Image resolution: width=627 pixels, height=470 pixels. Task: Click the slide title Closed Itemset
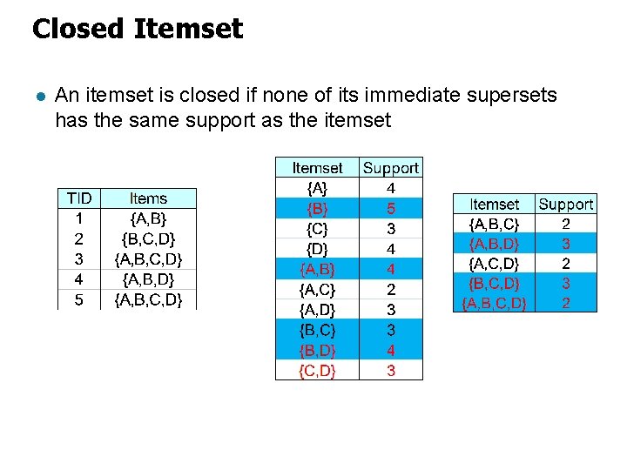(x=137, y=29)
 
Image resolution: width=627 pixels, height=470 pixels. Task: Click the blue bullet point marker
(x=37, y=96)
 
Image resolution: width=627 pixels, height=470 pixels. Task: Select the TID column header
(x=79, y=199)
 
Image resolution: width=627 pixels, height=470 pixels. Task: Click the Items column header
(x=148, y=199)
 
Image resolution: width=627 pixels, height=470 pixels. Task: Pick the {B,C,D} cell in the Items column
(x=148, y=239)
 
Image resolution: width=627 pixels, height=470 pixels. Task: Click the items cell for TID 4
(x=148, y=279)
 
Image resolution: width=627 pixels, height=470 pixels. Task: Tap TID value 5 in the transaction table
(x=79, y=300)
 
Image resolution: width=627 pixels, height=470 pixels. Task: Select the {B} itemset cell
(x=317, y=209)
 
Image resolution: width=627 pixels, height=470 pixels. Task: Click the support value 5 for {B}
(x=391, y=209)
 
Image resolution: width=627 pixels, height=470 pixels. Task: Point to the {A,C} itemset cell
(x=317, y=289)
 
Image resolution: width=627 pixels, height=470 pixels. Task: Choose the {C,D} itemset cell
(x=317, y=371)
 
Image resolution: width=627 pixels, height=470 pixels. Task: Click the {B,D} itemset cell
(x=317, y=351)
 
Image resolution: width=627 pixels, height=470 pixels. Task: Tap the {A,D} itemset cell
(x=317, y=310)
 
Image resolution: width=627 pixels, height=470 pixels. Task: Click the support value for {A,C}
(x=391, y=289)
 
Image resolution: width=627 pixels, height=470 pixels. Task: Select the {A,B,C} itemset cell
(x=494, y=224)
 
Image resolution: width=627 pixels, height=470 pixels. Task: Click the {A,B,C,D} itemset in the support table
(x=494, y=303)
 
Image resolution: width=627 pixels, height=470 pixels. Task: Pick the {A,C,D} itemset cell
(x=494, y=263)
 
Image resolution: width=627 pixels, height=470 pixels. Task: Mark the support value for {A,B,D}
(x=566, y=244)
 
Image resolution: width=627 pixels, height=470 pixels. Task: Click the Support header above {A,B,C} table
(x=566, y=205)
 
